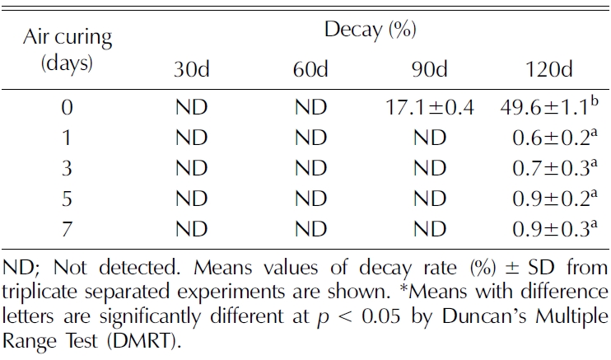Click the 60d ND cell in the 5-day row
311,198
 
